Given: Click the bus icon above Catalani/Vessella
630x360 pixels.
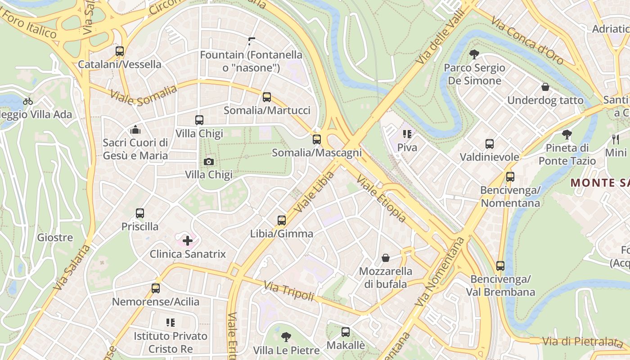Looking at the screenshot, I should pyautogui.click(x=119, y=51).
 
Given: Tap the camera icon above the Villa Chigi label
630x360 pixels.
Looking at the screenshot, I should pyautogui.click(x=208, y=162).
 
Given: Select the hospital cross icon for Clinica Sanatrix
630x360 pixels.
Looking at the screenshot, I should pyautogui.click(x=188, y=241).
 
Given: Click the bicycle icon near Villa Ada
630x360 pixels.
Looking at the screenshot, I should pyautogui.click(x=28, y=101).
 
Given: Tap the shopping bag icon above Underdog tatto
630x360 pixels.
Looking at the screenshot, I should pyautogui.click(x=545, y=87).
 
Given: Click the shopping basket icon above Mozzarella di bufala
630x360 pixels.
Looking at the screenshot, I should pyautogui.click(x=386, y=258).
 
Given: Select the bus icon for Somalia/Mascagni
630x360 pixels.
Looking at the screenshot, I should pyautogui.click(x=317, y=139).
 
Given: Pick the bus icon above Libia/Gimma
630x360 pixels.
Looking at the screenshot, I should pyautogui.click(x=282, y=220).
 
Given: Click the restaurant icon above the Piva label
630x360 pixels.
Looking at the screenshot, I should pyautogui.click(x=407, y=134).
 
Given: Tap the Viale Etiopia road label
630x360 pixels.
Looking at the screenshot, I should pyautogui.click(x=381, y=198).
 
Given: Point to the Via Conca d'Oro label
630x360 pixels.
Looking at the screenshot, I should pyautogui.click(x=527, y=40).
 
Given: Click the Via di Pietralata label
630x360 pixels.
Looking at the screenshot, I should pyautogui.click(x=582, y=342).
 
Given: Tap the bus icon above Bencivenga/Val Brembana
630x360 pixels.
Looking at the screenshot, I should pyautogui.click(x=500, y=266).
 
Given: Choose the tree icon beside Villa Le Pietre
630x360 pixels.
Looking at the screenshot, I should pyautogui.click(x=286, y=337).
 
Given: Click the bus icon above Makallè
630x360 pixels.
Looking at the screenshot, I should pyautogui.click(x=346, y=332).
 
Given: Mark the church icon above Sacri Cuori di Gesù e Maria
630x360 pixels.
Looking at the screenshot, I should pyautogui.click(x=135, y=130).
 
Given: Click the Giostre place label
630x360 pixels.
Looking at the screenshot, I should pyautogui.click(x=55, y=237).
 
